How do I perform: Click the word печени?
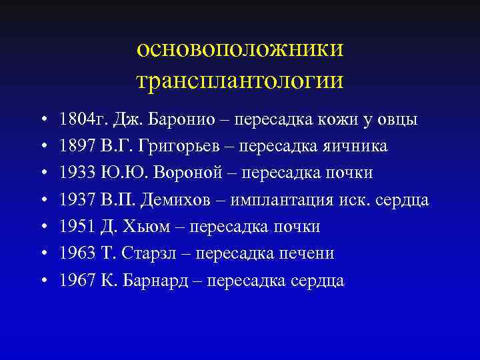(x=307, y=254)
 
